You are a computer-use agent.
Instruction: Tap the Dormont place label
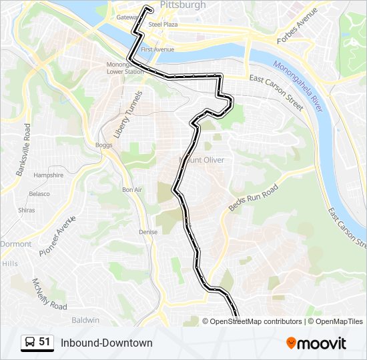15,244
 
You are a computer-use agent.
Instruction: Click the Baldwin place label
85,320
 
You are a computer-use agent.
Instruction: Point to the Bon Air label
132,189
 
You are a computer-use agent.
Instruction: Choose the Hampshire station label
48,175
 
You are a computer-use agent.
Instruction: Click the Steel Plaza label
163,24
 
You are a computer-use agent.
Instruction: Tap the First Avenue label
157,49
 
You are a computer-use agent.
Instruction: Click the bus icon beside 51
30,343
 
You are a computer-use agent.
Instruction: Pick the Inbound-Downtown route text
107,343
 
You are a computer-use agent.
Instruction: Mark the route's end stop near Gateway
148,9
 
